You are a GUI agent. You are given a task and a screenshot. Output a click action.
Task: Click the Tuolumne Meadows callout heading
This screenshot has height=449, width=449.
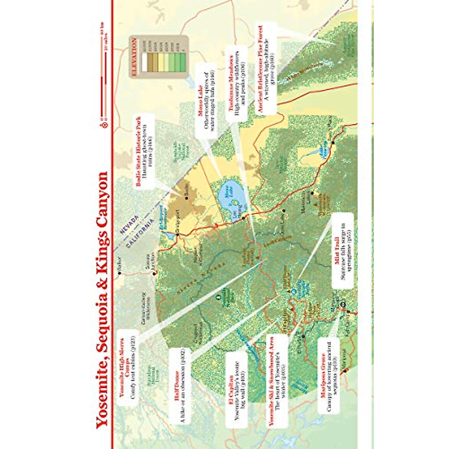[230, 84]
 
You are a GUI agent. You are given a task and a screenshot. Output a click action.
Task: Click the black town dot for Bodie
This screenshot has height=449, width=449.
[185, 197]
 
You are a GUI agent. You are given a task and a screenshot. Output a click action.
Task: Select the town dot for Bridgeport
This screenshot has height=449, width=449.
[178, 235]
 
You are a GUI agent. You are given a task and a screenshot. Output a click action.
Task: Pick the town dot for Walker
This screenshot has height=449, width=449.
[119, 273]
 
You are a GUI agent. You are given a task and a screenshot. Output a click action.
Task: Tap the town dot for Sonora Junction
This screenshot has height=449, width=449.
[154, 274]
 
